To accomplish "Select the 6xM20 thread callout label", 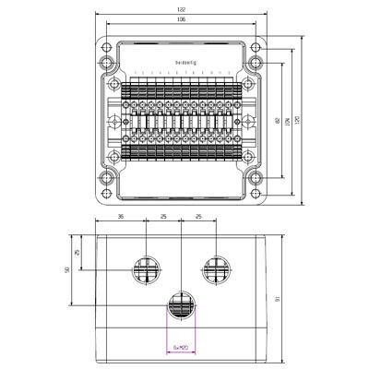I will pos(181,348).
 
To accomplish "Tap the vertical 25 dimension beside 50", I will pos(77,251).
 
